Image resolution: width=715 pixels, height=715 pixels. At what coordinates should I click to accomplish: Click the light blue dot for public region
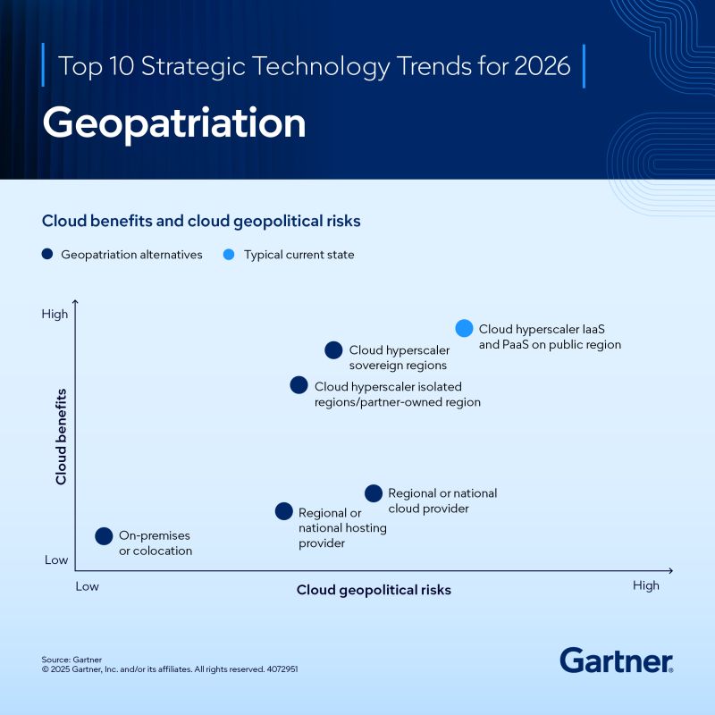point(464,328)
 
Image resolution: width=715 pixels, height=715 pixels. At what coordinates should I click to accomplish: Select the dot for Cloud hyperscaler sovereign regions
point(333,350)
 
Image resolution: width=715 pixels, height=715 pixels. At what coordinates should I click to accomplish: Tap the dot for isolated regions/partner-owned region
point(299,385)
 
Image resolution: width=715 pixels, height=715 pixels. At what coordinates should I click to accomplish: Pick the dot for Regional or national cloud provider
point(374,493)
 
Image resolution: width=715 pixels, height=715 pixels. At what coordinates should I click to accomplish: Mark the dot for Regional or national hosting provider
point(283,511)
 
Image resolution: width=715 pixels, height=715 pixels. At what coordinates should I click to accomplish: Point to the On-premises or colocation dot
point(104,536)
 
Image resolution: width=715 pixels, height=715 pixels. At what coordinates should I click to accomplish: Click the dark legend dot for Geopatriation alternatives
point(47,255)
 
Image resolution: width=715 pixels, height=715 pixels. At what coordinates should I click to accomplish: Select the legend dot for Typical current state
point(230,255)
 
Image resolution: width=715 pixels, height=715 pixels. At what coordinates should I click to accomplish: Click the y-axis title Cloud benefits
point(62,436)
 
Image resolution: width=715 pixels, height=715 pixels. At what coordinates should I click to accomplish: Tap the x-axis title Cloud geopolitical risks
point(374,590)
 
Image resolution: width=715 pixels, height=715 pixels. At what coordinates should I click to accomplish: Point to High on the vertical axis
point(55,314)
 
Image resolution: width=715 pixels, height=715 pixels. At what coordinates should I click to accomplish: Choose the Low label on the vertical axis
point(56,559)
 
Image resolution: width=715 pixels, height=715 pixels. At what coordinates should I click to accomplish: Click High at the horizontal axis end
point(645,585)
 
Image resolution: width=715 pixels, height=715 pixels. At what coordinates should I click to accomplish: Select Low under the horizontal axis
point(87,586)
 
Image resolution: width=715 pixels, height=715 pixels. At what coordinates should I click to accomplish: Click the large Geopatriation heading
point(174,123)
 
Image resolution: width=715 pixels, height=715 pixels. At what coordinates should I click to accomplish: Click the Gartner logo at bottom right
point(616,660)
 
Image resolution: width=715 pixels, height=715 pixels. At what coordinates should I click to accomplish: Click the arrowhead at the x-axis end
point(669,570)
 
